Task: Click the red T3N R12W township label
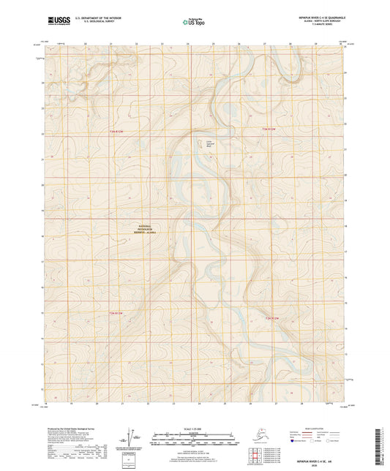coord(270,128)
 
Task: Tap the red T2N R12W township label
coord(271,320)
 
